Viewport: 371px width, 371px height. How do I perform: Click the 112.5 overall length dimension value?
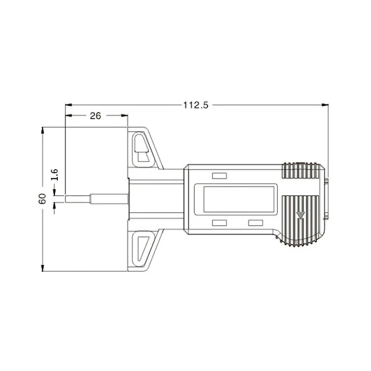click(x=196, y=105)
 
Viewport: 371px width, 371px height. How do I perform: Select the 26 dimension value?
click(x=96, y=115)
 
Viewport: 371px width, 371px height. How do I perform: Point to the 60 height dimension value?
click(x=42, y=199)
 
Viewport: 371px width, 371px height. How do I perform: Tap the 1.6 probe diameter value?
click(x=55, y=175)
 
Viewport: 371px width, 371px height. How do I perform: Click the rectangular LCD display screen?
click(x=239, y=199)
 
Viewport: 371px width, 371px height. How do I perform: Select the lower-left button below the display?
click(x=219, y=223)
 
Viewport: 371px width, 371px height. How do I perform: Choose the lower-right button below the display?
click(x=256, y=223)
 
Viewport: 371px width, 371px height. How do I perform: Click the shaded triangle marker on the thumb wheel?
click(x=300, y=215)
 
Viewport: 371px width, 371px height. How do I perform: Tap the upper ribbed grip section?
click(x=301, y=170)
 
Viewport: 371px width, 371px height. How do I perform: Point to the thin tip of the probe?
click(x=77, y=199)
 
